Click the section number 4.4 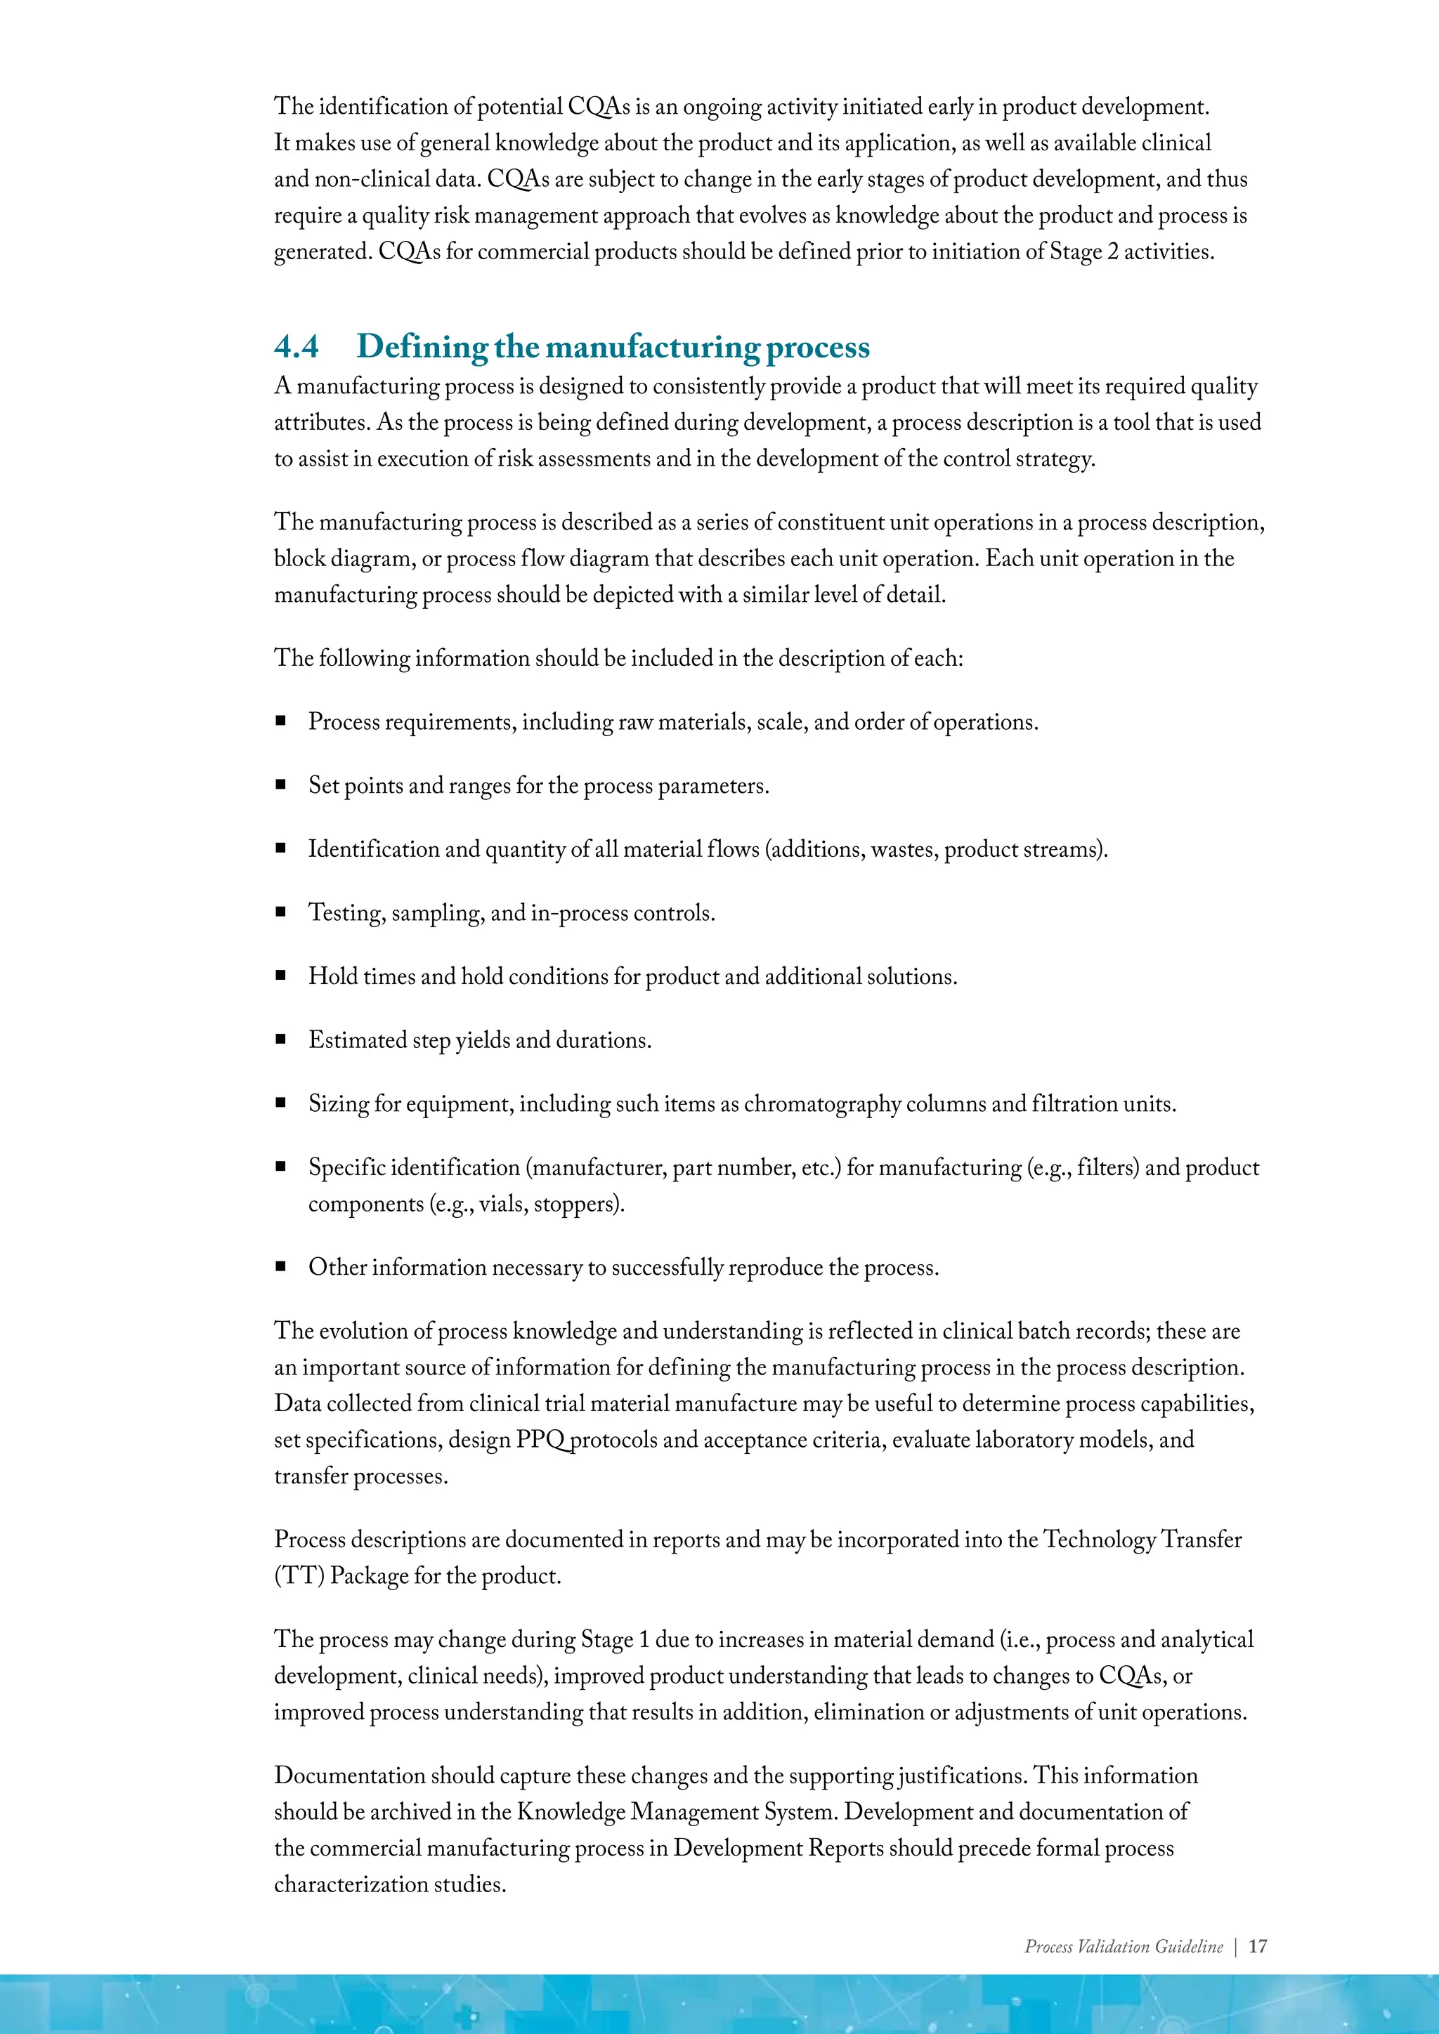pyautogui.click(x=296, y=346)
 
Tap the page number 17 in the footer pyautogui.click(x=1257, y=1946)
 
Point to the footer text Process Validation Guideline pyautogui.click(x=1123, y=1946)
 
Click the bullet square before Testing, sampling pyautogui.click(x=281, y=912)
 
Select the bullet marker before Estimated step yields pyautogui.click(x=281, y=1039)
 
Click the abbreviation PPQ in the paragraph pyautogui.click(x=542, y=1440)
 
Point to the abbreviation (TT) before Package pyautogui.click(x=299, y=1576)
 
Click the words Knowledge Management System pyautogui.click(x=677, y=1811)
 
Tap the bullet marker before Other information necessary pyautogui.click(x=281, y=1267)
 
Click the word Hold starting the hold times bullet pyautogui.click(x=332, y=976)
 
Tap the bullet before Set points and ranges pyautogui.click(x=281, y=785)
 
